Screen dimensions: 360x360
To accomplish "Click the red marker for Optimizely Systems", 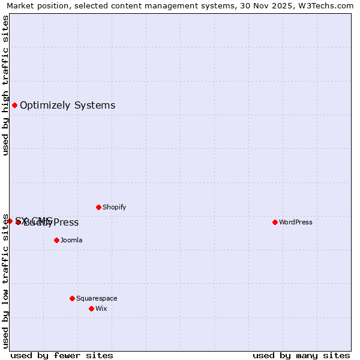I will (14, 106).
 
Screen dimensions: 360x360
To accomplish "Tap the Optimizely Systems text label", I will (67, 106).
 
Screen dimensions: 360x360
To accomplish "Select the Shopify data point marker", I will (98, 208).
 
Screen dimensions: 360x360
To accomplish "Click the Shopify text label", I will (114, 208).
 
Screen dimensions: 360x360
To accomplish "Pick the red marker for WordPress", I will (275, 222).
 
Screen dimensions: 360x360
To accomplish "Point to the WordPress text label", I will (295, 222).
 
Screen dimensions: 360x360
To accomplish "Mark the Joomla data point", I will (56, 240).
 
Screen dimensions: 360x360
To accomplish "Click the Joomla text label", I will (71, 240).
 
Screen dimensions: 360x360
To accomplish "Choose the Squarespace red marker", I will (72, 298).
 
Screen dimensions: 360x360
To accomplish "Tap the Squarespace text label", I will (97, 298).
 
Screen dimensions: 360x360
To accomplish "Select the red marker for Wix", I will (91, 308).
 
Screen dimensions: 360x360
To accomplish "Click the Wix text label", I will (101, 308).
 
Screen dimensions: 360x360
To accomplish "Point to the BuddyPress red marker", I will (19, 223).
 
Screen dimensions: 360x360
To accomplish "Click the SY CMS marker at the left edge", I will (10, 221).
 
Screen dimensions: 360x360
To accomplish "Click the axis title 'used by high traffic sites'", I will (5, 86).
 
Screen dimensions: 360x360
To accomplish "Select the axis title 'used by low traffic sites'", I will (5, 281).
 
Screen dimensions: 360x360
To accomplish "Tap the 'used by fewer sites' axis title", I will (62, 355).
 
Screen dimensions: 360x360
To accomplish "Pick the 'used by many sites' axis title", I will (301, 355).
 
